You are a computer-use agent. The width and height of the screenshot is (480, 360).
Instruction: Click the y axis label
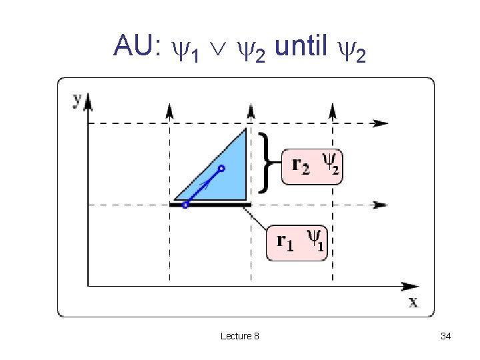(x=77, y=99)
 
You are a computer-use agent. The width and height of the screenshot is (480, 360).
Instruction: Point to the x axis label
(x=413, y=302)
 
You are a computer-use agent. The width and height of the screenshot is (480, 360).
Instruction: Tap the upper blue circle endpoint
(x=222, y=169)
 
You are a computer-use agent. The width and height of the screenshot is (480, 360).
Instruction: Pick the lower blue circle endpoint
(x=185, y=205)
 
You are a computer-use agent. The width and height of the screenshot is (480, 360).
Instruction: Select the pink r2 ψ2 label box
(x=311, y=167)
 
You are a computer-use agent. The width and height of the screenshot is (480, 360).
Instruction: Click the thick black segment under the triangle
(x=210, y=205)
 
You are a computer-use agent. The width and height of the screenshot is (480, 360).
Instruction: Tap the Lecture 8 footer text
(x=240, y=336)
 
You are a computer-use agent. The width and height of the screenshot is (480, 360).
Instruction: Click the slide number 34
(x=446, y=336)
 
